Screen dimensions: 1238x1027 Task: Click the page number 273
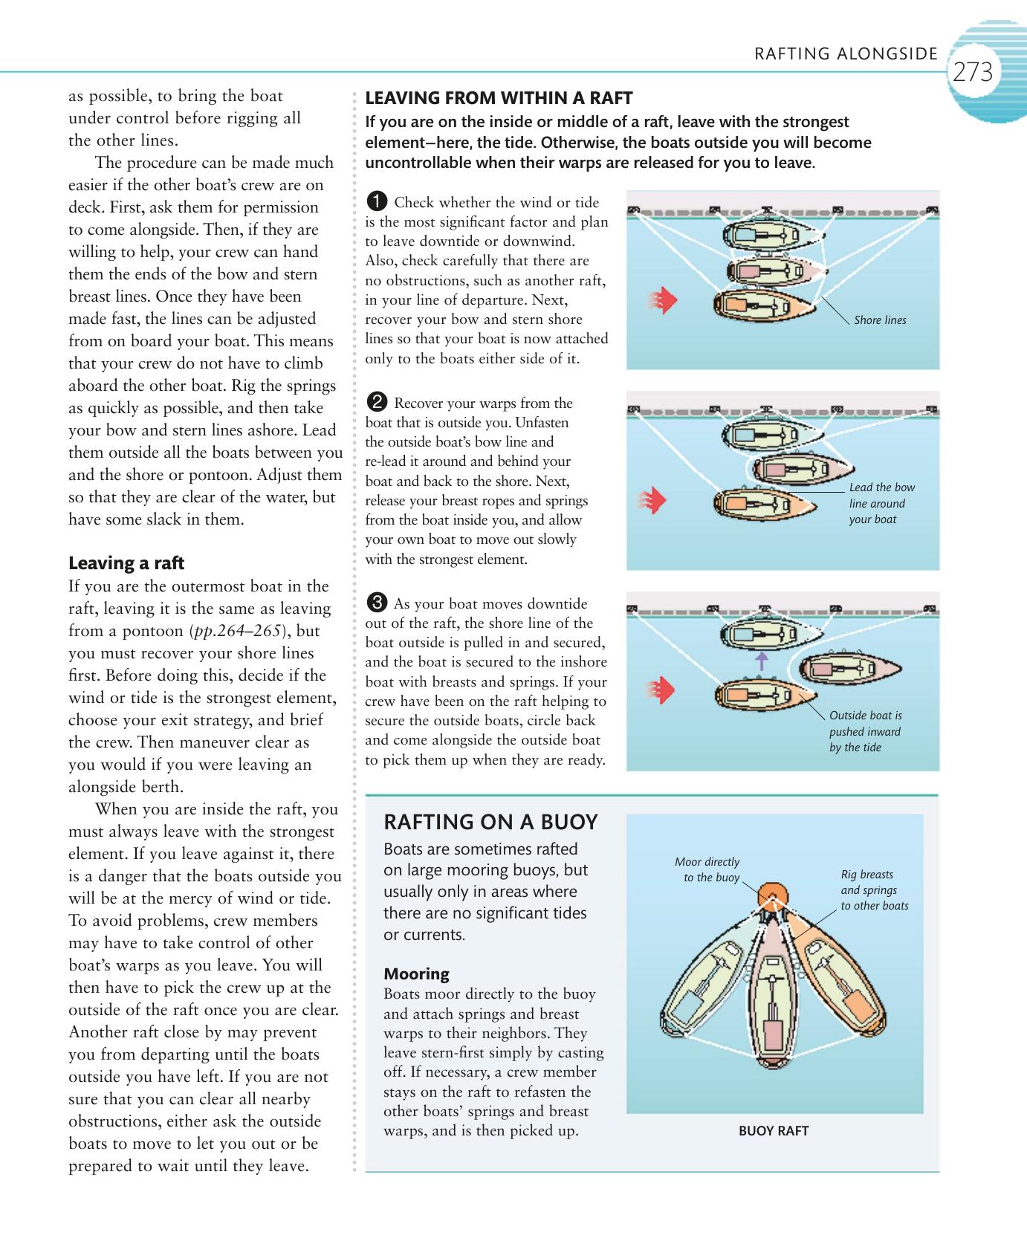(x=972, y=72)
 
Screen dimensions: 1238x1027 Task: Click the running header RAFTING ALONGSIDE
(x=846, y=54)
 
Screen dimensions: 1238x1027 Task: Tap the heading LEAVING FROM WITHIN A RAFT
(x=499, y=98)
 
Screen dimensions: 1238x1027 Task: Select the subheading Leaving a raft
(x=126, y=563)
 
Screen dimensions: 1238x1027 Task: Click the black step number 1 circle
(x=377, y=201)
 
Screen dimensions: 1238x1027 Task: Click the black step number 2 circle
(x=377, y=403)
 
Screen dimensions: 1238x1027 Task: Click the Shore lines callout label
(x=880, y=320)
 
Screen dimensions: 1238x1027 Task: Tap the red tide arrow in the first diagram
(x=666, y=301)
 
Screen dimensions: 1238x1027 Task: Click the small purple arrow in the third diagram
(x=761, y=661)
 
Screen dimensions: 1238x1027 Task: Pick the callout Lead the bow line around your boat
(x=881, y=503)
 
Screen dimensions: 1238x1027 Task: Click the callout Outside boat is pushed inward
(x=865, y=731)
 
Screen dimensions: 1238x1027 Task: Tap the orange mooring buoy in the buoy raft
(x=773, y=895)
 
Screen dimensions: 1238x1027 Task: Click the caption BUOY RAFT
(x=773, y=1131)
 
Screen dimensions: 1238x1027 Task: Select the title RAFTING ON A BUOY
(x=490, y=822)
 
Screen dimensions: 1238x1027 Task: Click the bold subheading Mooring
(x=416, y=973)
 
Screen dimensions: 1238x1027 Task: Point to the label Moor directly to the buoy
(x=707, y=869)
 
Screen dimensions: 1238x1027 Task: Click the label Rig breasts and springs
(x=874, y=890)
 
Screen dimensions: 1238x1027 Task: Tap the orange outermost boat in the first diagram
(x=765, y=305)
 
